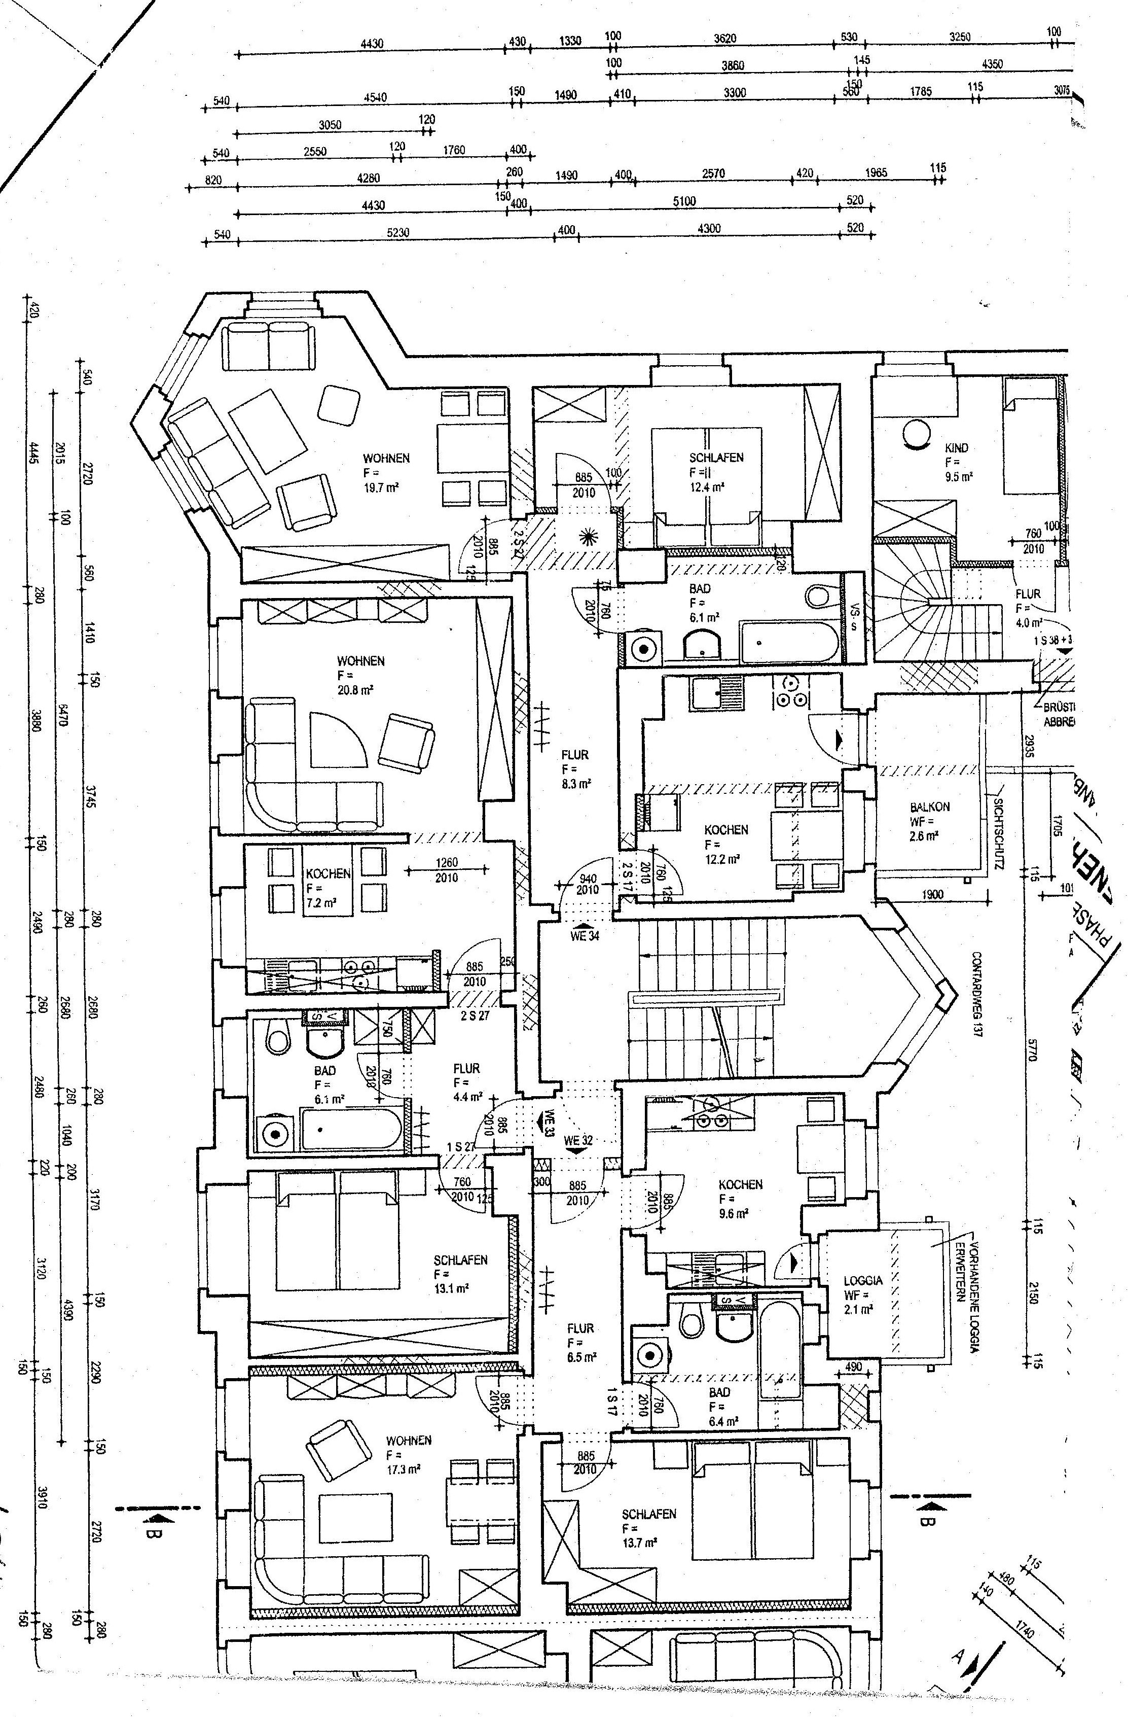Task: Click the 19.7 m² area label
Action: (x=382, y=487)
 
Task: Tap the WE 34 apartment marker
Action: (x=584, y=936)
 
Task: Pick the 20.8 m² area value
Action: (x=355, y=690)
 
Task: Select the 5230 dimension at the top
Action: (x=398, y=233)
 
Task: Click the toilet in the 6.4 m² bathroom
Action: (x=692, y=1324)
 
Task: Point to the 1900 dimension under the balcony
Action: (x=932, y=895)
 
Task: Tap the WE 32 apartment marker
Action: (x=578, y=1141)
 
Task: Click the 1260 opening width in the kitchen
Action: (x=447, y=863)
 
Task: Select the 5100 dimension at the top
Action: (x=684, y=201)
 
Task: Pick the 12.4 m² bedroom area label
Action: (x=707, y=487)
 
